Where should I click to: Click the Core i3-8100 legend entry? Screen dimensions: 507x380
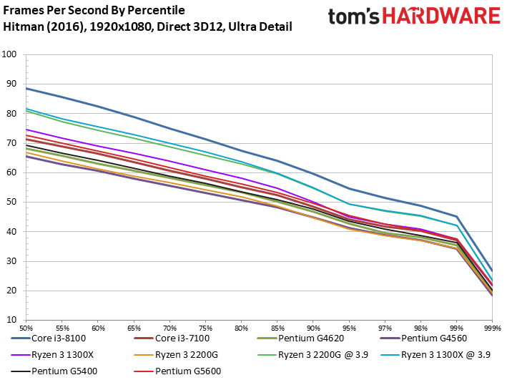tap(49, 338)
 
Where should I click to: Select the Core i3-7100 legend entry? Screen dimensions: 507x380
tap(172, 338)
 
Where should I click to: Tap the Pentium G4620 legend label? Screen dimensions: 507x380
tap(311, 338)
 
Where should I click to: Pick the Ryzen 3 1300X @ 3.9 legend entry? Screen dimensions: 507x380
tap(435, 355)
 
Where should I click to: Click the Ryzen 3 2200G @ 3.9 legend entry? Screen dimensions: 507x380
tap(313, 355)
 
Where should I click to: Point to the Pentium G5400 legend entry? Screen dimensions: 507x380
tap(54, 371)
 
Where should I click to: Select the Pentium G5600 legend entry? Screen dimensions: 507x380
tap(178, 371)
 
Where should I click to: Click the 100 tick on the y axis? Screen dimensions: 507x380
tap(9, 54)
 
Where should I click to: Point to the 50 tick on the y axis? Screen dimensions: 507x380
tap(11, 202)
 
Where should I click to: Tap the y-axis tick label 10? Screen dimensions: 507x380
tap(11, 320)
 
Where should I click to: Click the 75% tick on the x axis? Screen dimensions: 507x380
tap(206, 328)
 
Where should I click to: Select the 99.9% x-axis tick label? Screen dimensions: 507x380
tap(493, 328)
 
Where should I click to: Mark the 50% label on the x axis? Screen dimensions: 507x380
tap(26, 328)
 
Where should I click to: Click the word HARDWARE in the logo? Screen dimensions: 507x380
tap(441, 16)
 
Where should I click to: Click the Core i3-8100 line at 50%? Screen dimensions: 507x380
tap(26, 88)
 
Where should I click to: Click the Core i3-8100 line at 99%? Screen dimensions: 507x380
tap(456, 216)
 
